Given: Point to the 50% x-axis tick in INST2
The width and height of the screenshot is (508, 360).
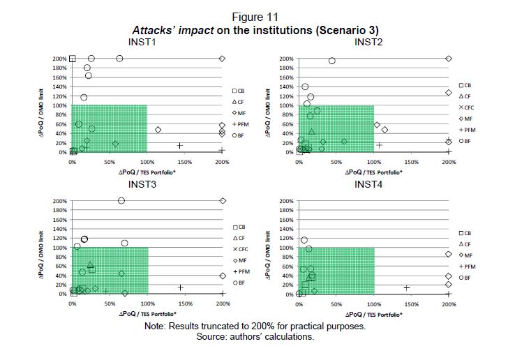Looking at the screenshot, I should (x=336, y=162).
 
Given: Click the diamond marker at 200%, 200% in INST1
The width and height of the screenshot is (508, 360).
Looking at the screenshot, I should (x=222, y=59).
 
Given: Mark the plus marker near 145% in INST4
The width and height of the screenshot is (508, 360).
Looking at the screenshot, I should (x=406, y=287).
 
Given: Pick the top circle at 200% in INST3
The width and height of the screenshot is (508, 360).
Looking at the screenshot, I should (x=121, y=200).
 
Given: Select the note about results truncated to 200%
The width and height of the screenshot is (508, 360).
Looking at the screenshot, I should (x=254, y=327).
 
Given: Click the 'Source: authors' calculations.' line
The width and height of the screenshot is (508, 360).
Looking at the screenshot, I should (x=254, y=336).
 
